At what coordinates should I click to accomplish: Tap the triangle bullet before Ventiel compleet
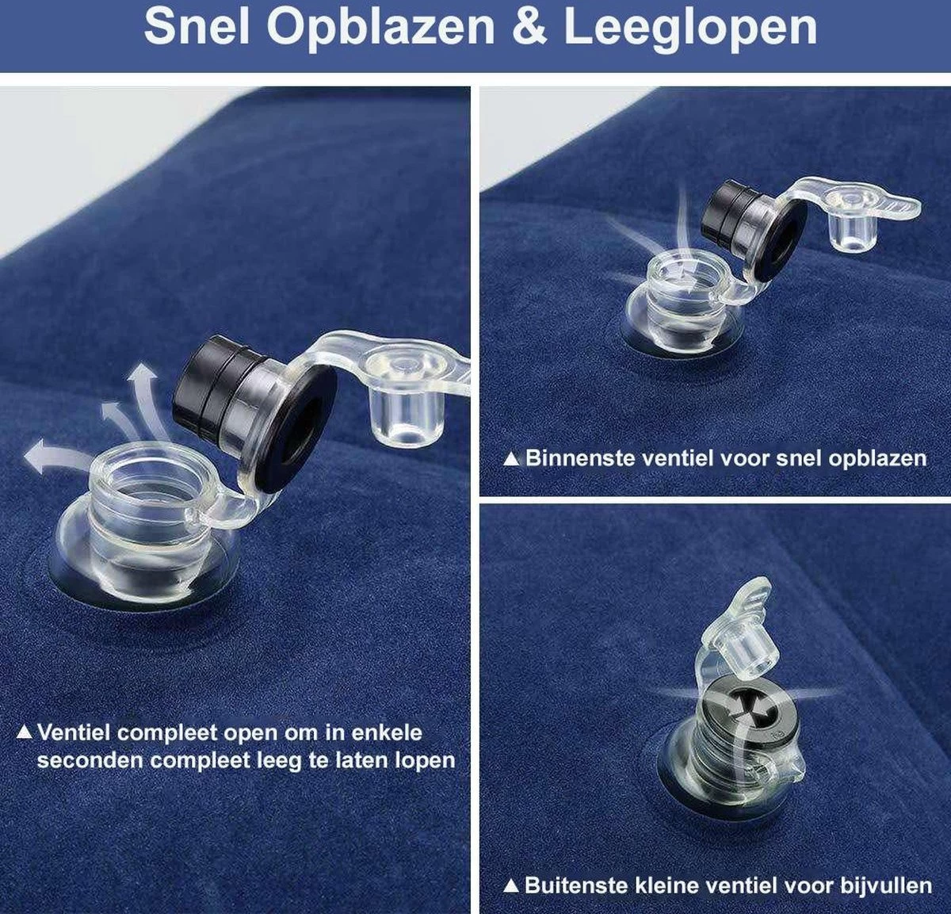pos(25,732)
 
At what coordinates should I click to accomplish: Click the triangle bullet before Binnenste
pos(512,458)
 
